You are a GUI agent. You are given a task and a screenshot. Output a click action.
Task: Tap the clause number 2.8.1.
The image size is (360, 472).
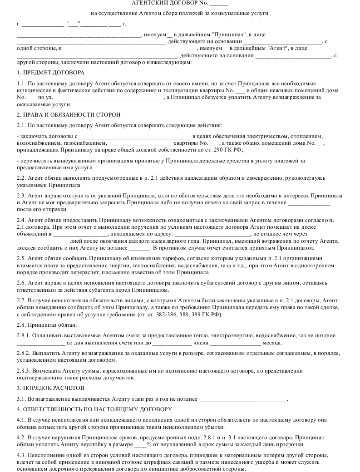click(24, 335)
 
